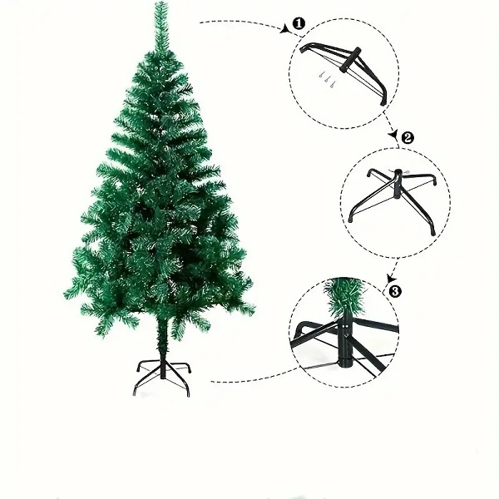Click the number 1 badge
tap(299, 24)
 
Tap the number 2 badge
tap(408, 138)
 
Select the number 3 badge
tap(395, 291)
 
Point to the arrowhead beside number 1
tap(284, 29)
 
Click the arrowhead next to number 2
tap(393, 135)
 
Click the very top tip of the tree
tap(161, 2)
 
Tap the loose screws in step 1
tap(327, 80)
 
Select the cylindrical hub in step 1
tap(350, 60)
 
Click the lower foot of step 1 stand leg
tap(383, 101)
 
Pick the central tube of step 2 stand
tap(398, 184)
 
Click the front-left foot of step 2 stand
tap(350, 219)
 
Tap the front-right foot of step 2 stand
tap(432, 232)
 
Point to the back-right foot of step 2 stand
tap(434, 183)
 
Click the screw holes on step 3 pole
tap(346, 329)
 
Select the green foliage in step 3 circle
tap(343, 294)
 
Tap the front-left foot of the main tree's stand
tap(134, 393)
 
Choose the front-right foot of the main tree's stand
tap(188, 393)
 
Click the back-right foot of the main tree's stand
tap(190, 370)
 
